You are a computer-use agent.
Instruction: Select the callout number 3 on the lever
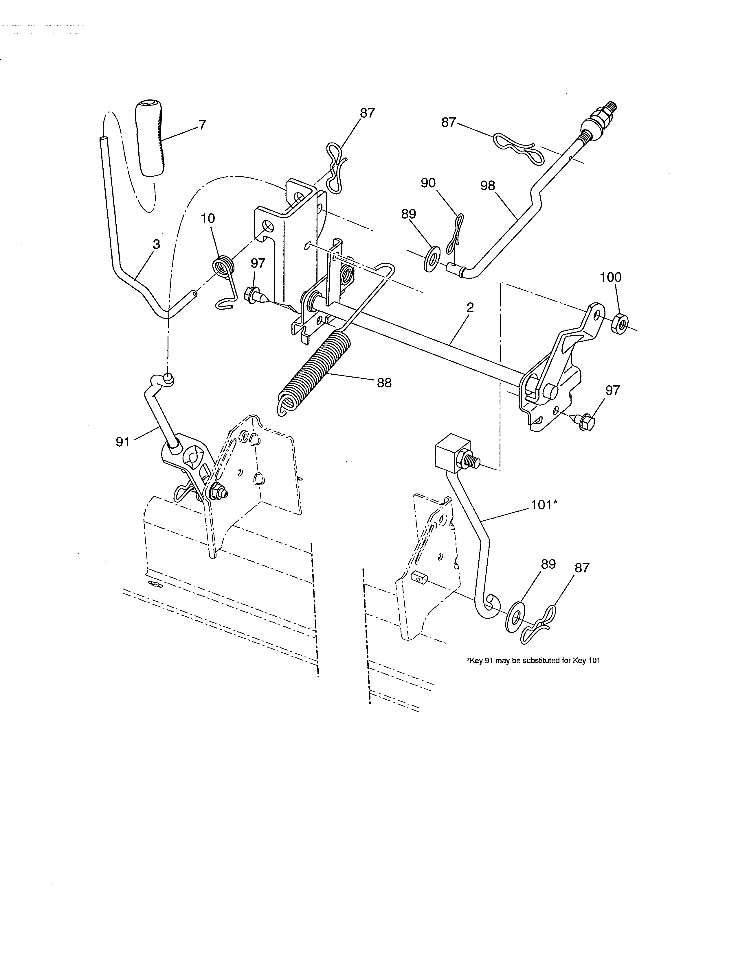pos(156,244)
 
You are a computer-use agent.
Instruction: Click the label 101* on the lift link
pos(544,505)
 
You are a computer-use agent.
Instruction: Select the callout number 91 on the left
pos(123,442)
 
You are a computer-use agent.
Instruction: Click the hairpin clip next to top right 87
pos(516,146)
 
